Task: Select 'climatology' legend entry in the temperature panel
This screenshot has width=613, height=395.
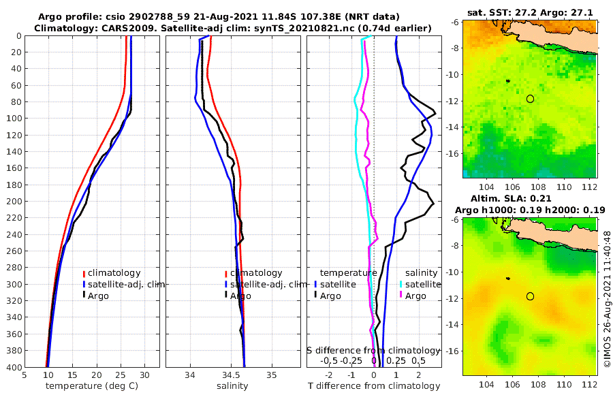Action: tap(113, 273)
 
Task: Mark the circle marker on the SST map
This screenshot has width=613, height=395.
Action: tap(530, 99)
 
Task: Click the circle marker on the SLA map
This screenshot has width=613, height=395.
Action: tap(530, 296)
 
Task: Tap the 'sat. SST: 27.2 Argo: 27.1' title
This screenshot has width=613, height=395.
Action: tap(530, 13)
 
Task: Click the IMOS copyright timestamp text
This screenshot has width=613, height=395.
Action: tap(607, 300)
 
